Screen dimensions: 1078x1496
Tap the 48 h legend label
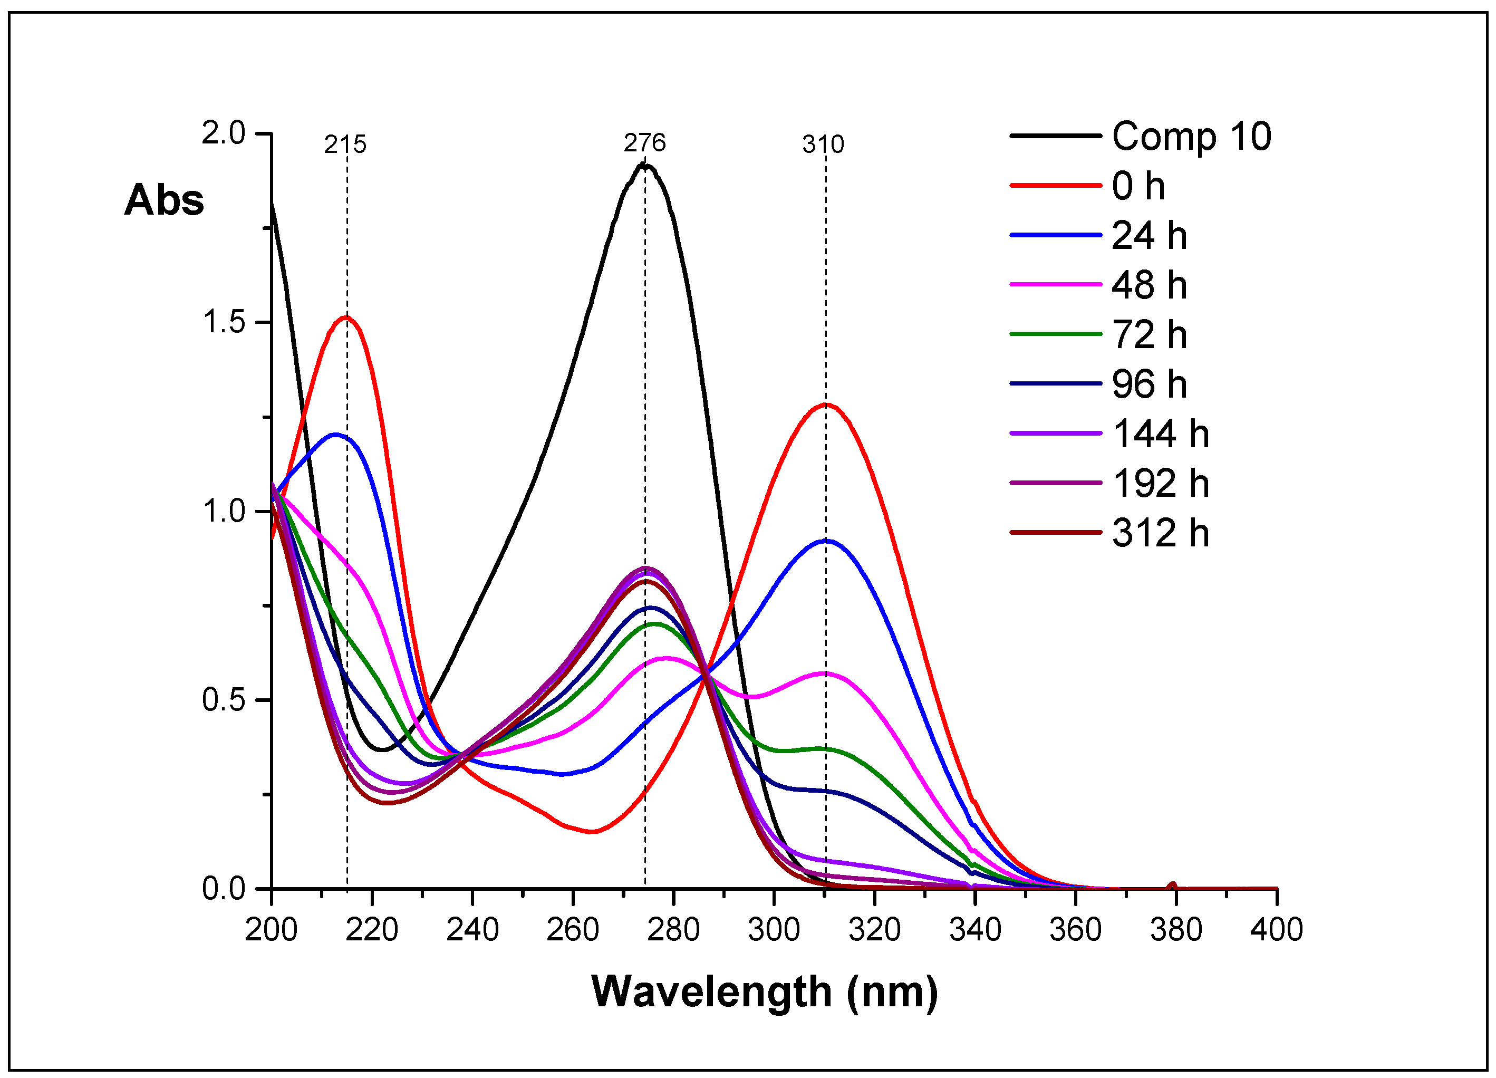point(1149,284)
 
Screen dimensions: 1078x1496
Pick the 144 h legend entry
point(1160,434)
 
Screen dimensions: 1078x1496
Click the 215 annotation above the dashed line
point(345,145)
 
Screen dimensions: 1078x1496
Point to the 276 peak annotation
point(644,142)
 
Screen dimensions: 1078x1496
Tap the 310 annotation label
point(823,145)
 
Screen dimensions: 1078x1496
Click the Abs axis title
point(164,200)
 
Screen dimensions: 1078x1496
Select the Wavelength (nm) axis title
point(764,992)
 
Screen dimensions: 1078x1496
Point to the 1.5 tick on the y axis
point(224,322)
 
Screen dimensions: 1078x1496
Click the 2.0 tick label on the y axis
point(224,133)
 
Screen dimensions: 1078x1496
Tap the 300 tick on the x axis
point(774,930)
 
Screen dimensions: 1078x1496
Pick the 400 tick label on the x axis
point(1276,930)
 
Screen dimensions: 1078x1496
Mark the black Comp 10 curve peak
point(645,165)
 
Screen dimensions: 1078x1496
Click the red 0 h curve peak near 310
point(825,405)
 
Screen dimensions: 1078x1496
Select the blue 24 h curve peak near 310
point(826,541)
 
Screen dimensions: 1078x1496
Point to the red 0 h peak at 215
point(345,317)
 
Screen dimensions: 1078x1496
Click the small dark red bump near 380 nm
point(1172,885)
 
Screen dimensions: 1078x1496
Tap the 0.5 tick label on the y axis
point(224,700)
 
